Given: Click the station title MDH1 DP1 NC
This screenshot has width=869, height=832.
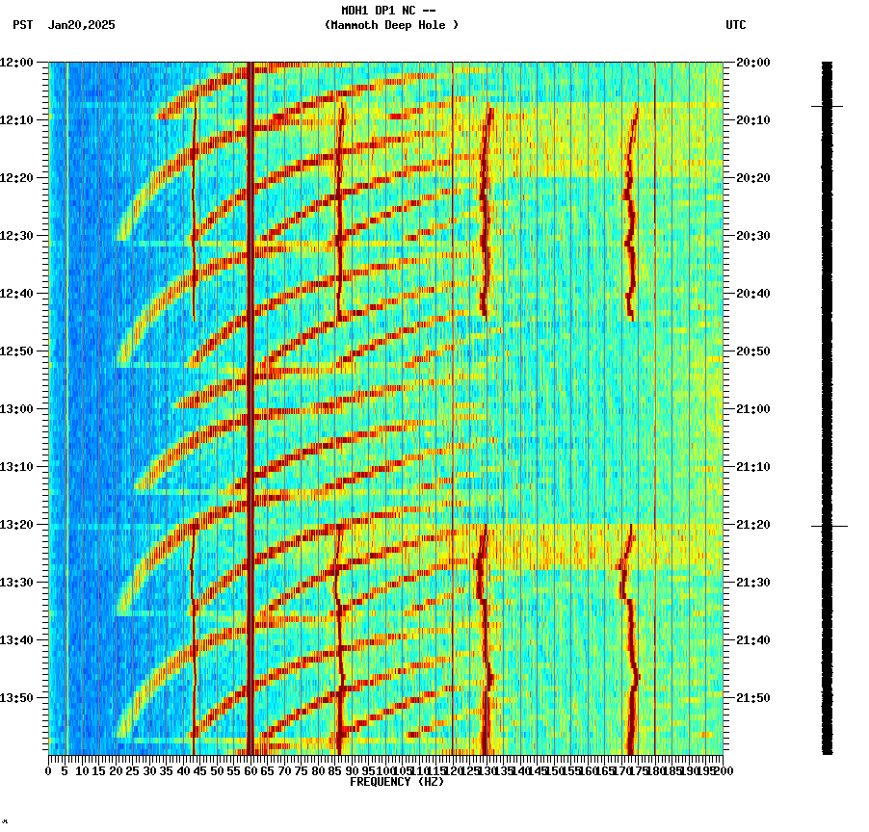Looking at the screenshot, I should pyautogui.click(x=382, y=11).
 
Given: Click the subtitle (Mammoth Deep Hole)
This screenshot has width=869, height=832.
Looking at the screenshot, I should pyautogui.click(x=391, y=25).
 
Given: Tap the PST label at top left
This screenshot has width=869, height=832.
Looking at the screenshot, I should pyautogui.click(x=23, y=25).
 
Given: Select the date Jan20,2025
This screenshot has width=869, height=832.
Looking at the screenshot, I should pyautogui.click(x=81, y=25).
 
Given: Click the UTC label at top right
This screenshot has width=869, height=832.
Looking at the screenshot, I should pyautogui.click(x=736, y=25).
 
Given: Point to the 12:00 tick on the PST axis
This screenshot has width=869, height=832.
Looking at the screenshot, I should pyautogui.click(x=17, y=63).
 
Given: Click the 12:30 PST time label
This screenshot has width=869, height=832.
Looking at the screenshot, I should pyautogui.click(x=17, y=236).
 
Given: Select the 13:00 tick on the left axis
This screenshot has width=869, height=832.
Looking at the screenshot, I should pyautogui.click(x=17, y=409).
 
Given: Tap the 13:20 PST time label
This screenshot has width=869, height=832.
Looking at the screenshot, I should pyautogui.click(x=17, y=525).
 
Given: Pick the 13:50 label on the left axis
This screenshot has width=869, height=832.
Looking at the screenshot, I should pyautogui.click(x=17, y=698).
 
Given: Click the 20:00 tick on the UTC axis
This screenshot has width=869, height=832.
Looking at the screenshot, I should pyautogui.click(x=752, y=63).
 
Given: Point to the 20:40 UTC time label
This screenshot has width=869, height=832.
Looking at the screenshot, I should pyautogui.click(x=752, y=294).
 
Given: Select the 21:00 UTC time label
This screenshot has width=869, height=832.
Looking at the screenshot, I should pyautogui.click(x=752, y=409).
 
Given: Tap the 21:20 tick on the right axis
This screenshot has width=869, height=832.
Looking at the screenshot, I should pyautogui.click(x=752, y=525).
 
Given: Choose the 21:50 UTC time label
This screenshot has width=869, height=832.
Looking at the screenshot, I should pyautogui.click(x=752, y=698).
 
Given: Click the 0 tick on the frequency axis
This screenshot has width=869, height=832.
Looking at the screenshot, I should pyautogui.click(x=49, y=770).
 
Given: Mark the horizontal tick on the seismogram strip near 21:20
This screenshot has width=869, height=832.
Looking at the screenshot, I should pyautogui.click(x=829, y=526).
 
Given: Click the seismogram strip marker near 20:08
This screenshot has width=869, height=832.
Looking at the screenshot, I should pyautogui.click(x=827, y=106).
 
